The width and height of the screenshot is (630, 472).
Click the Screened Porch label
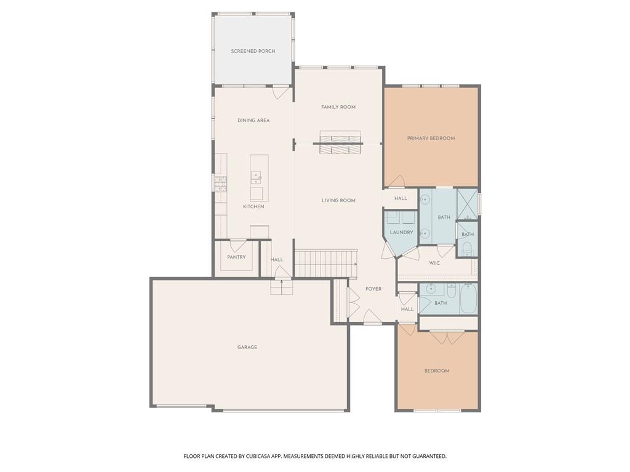coord(253,51)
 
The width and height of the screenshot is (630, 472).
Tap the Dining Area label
coord(253,120)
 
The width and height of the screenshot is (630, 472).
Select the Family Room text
coord(338,107)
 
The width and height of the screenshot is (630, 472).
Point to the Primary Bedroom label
coord(431,138)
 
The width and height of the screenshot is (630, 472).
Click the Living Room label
coord(338,200)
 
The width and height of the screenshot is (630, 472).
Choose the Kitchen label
coord(253,206)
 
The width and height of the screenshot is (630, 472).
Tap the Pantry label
coord(236,257)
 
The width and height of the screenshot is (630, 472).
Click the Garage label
coord(247,347)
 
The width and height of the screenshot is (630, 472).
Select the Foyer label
coord(373,289)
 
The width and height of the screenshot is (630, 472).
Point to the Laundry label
coord(401,232)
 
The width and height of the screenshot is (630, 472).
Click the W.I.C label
coord(435,263)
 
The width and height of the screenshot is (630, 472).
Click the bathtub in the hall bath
coord(468,299)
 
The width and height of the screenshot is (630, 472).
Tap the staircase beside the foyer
coord(326,263)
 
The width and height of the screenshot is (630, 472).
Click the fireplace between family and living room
coord(340,143)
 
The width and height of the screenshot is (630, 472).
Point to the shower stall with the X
coord(468,204)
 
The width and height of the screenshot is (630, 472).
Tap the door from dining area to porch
coord(281,92)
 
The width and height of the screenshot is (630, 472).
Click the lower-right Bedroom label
coord(437,371)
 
